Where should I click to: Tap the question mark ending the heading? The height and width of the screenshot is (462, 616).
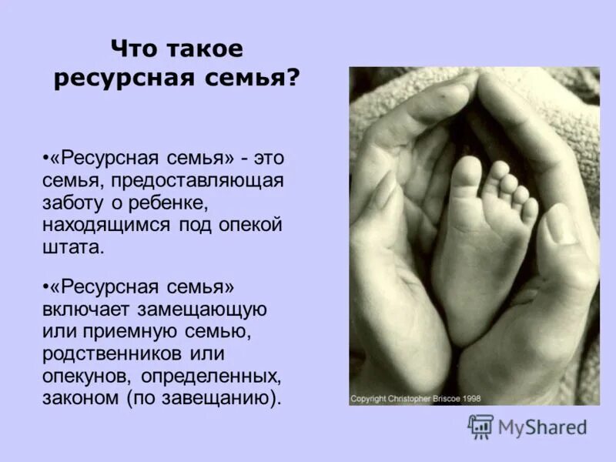tap(293, 79)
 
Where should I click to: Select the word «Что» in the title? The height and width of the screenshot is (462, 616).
tap(136, 49)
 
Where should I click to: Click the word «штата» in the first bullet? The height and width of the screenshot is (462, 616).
tap(72, 249)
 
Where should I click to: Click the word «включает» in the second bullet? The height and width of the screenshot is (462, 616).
tap(92, 310)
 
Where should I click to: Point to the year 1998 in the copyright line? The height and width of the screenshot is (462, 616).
tap(473, 399)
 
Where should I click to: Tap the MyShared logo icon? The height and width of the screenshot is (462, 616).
tap(480, 426)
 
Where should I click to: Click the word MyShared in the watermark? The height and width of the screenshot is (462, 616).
tap(542, 427)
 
